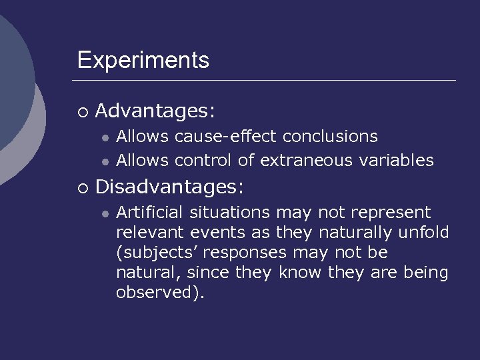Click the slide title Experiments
143,61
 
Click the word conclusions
330,137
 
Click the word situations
230,213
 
